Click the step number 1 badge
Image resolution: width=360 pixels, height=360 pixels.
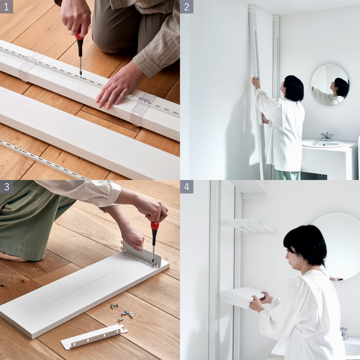click(7, 7)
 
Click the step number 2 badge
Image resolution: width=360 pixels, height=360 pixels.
click(187, 7)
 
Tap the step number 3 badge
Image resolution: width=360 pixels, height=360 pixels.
click(7, 187)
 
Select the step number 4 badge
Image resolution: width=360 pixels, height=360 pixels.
click(187, 187)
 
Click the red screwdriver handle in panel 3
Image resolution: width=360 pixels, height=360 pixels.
click(155, 226)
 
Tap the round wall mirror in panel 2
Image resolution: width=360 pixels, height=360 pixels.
click(330, 85)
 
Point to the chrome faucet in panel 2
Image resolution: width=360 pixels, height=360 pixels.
click(327, 137)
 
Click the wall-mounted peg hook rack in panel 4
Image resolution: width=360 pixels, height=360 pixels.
click(248, 226)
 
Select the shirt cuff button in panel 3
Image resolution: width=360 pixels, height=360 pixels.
click(109, 202)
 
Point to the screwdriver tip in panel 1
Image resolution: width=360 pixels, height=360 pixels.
click(81, 76)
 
